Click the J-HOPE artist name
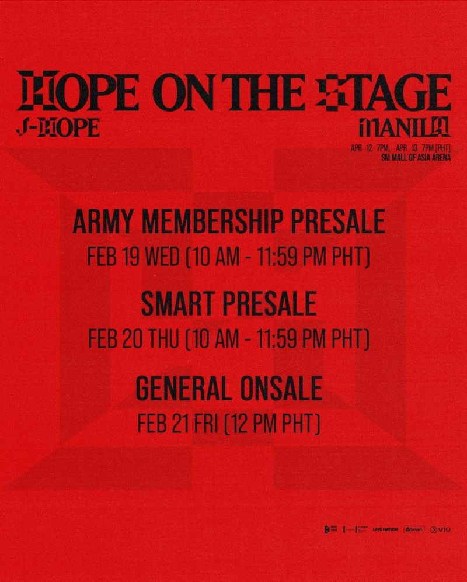tap(58, 128)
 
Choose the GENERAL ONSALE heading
tap(229, 387)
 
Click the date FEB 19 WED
tap(133, 257)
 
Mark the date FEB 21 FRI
tap(177, 421)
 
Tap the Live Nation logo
tap(385, 529)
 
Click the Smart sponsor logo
tap(414, 529)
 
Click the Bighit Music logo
tap(330, 529)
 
